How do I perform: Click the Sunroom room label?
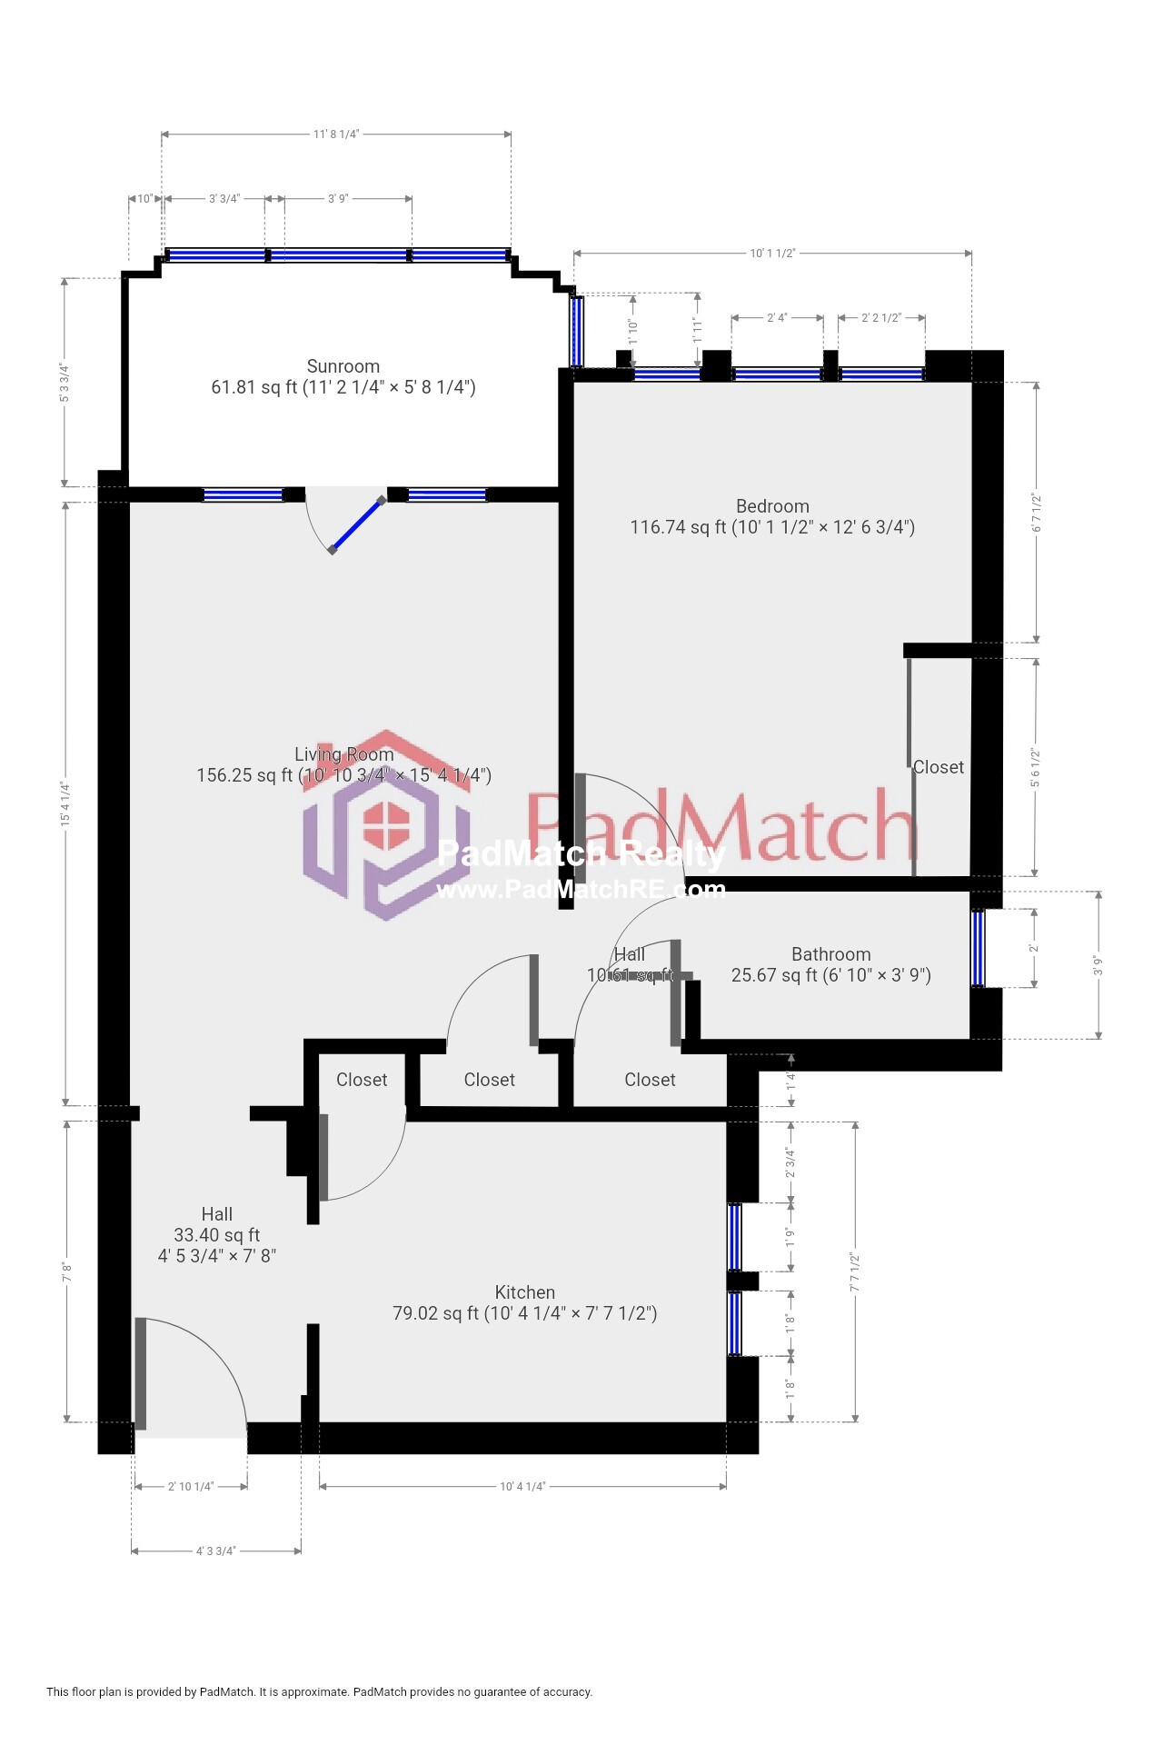(x=343, y=366)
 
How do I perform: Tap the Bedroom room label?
(x=772, y=506)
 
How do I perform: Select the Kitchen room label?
(x=524, y=1292)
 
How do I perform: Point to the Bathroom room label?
(x=830, y=954)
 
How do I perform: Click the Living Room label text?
(x=343, y=754)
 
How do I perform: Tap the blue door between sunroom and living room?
(x=356, y=525)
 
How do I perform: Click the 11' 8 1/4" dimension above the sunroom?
(x=336, y=135)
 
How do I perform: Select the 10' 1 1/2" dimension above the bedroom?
(x=772, y=254)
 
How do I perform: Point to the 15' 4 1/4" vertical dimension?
(x=65, y=803)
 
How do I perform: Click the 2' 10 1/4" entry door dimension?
(x=191, y=1487)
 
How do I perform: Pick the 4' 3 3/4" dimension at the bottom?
(x=216, y=1551)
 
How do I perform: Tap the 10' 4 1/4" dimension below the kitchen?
(x=522, y=1487)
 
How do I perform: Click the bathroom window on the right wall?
(x=978, y=948)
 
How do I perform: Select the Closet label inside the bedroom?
(x=939, y=767)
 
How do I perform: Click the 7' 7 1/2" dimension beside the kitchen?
(x=855, y=1272)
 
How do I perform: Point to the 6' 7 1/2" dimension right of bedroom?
(x=1036, y=513)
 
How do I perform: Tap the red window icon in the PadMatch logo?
(x=386, y=825)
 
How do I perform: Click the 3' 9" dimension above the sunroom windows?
(x=338, y=199)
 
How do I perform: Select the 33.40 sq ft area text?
(x=216, y=1235)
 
